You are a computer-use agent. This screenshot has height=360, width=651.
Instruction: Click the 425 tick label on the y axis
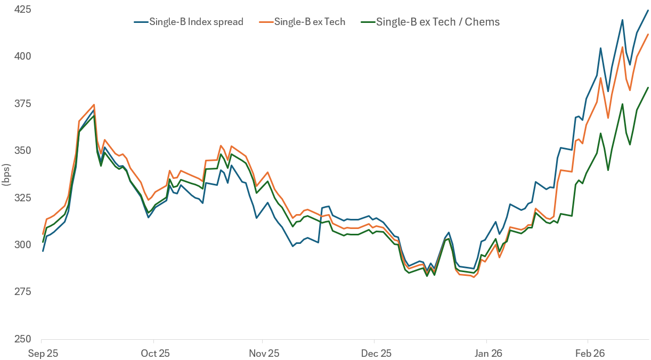pos(21,10)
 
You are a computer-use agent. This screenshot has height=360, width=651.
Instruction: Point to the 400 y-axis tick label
pos(21,56)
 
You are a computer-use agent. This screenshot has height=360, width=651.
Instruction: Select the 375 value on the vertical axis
pos(21,103)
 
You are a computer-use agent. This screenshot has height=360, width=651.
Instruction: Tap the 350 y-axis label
pos(21,150)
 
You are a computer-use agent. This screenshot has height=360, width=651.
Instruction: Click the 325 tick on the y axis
pos(21,198)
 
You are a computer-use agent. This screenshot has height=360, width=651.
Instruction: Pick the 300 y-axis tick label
pos(21,244)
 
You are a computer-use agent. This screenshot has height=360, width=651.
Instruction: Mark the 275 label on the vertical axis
pos(21,292)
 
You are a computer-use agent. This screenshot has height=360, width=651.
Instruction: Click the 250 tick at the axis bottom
pos(21,339)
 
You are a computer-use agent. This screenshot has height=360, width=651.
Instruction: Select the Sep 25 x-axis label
pos(42,353)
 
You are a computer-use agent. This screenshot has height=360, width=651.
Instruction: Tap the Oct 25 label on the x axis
pos(154,353)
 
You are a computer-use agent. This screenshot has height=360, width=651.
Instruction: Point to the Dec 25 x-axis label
pos(376,353)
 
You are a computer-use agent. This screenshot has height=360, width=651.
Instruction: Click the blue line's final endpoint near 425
pos(648,10)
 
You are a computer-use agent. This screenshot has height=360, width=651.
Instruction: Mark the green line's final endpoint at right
pos(648,87)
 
